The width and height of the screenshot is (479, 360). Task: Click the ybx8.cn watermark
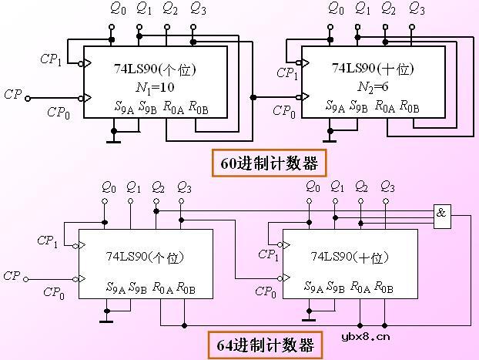[x=364, y=335]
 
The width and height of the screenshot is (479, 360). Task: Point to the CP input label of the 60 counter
[x=12, y=95]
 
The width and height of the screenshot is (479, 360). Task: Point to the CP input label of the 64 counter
[x=12, y=275]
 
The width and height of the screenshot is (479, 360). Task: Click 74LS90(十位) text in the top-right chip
[x=368, y=69]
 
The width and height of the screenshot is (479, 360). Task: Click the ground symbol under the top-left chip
[x=113, y=141]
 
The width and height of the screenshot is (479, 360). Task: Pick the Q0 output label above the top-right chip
[x=335, y=10]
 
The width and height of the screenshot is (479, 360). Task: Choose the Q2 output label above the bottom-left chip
[x=158, y=187]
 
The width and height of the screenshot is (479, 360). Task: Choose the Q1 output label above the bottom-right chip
[x=336, y=187]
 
